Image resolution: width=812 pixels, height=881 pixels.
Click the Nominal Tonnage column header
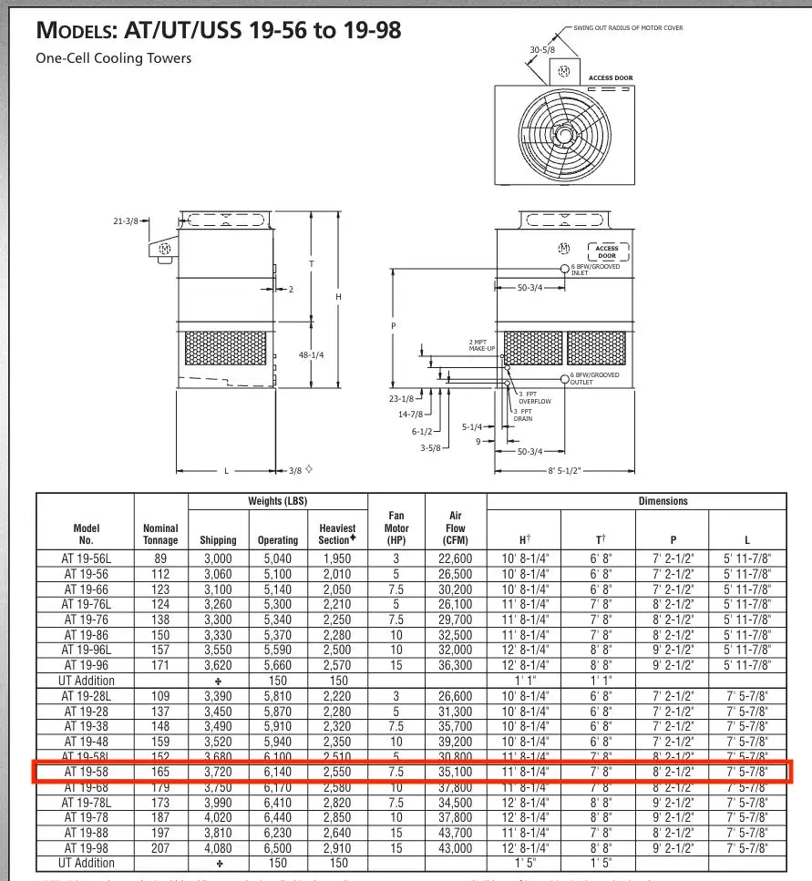click(x=160, y=534)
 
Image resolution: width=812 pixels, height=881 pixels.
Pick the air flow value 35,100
click(x=455, y=771)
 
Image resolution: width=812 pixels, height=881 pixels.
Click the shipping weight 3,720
click(x=219, y=771)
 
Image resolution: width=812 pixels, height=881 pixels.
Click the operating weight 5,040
click(x=277, y=558)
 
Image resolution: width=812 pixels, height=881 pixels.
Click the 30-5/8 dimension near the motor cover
click(x=543, y=50)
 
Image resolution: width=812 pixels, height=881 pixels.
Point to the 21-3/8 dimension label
click(x=126, y=221)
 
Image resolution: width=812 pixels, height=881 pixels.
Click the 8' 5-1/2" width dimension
click(x=563, y=471)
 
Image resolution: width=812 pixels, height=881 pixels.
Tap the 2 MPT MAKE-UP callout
click(x=482, y=345)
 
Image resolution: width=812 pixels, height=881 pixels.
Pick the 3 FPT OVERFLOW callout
click(x=534, y=397)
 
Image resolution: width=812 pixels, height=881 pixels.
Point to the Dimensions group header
click(x=663, y=501)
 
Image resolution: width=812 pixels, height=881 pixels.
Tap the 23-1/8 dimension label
click(x=401, y=398)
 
